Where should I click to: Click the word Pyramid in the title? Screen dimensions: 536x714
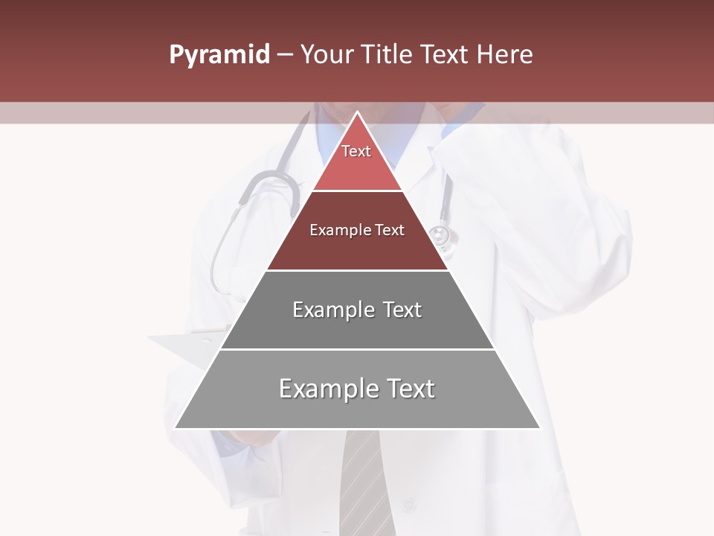point(219,55)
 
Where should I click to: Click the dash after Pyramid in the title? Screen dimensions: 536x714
point(285,55)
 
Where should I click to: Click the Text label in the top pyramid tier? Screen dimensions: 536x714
point(356,151)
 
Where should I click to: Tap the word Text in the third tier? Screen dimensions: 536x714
point(402,310)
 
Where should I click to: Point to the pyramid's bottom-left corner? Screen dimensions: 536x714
point(176,428)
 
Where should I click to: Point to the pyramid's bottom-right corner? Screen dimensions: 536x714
point(539,428)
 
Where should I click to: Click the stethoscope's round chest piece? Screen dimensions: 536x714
point(441,235)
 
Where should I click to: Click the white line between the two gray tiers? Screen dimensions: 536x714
point(357,349)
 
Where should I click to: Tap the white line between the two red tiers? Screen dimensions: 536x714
point(357,191)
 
